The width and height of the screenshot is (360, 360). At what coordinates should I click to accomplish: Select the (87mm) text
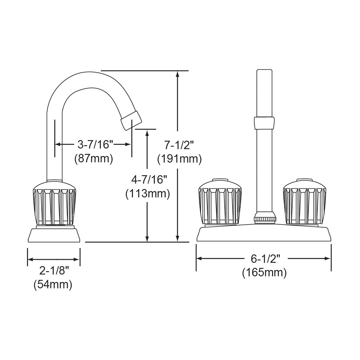pos(94,158)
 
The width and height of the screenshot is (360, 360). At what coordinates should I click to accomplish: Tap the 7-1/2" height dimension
pos(179,145)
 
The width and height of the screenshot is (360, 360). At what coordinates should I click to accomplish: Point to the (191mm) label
pos(179,159)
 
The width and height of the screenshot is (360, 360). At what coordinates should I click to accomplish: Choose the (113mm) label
pos(147,193)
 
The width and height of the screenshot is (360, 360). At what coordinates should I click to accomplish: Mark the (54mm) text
pos(53,284)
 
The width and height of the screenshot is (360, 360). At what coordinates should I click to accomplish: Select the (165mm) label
pos(264,272)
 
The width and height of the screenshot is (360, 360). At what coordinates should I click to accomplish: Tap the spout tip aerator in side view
pos(131,119)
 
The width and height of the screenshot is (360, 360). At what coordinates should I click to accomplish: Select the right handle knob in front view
pos(304,202)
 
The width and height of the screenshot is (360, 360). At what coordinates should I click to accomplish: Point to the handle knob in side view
pos(54,202)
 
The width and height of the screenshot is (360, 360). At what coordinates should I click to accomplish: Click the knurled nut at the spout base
pos(265,217)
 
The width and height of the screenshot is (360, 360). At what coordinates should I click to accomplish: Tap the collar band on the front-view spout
pos(264,123)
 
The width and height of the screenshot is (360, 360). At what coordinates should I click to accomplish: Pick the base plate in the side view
pos(54,235)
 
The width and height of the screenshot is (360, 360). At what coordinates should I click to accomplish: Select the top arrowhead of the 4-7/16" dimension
pos(147,133)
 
